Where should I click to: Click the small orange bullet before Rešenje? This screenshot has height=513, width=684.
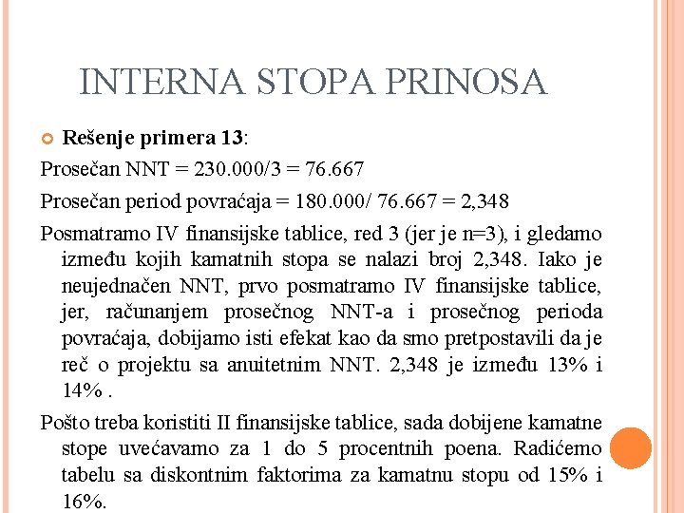coord(49,140)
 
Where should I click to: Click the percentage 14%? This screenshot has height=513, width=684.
coord(83,391)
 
